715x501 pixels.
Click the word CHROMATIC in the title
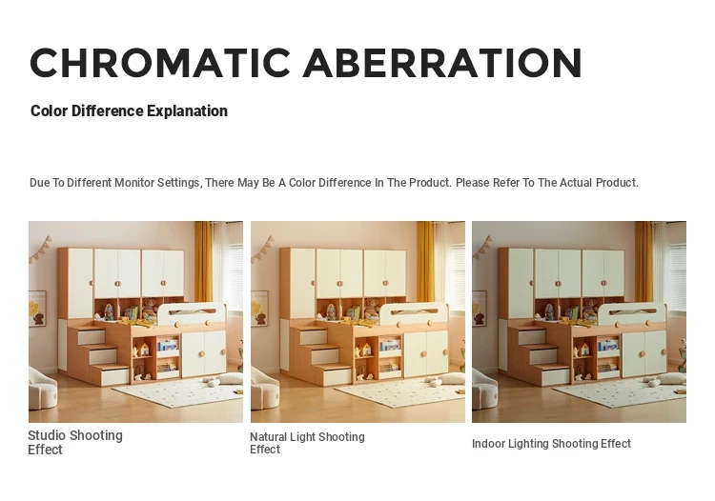tap(160, 63)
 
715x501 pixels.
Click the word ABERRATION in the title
tap(442, 63)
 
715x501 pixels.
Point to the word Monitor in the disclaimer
tap(134, 183)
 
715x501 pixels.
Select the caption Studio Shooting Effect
tap(75, 442)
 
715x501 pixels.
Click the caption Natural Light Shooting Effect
tap(307, 443)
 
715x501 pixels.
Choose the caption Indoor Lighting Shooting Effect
tap(551, 444)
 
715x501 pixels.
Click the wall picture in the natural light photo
tap(259, 309)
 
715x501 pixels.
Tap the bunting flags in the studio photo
tap(40, 249)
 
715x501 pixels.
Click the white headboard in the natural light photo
tap(413, 313)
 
